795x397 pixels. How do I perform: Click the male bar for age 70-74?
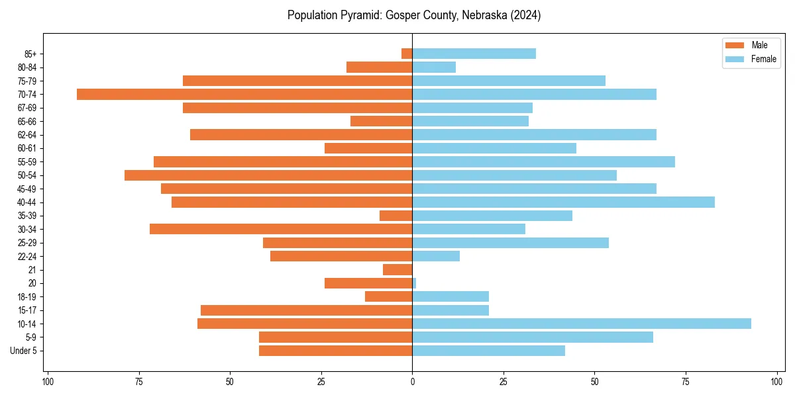coord(244,94)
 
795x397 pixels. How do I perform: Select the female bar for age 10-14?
coord(582,324)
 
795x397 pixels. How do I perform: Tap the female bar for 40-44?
coord(563,202)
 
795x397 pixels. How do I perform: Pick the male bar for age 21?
coord(397,269)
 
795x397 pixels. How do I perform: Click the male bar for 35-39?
coord(396,216)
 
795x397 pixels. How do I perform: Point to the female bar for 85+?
coord(474,54)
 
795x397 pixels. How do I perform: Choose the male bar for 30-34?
coord(281,229)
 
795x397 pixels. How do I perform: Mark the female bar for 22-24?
coord(436,256)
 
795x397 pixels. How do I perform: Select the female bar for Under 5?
coord(488,351)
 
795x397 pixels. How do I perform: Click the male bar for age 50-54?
coord(268,175)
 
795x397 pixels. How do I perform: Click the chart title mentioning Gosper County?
coord(414,15)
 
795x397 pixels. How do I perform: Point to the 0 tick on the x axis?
coord(412,382)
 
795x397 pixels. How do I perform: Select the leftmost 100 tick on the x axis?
coord(48,382)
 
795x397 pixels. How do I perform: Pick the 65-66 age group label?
coord(27,121)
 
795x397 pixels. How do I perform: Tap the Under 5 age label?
coord(24,351)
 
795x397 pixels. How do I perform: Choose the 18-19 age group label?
coord(27,296)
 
